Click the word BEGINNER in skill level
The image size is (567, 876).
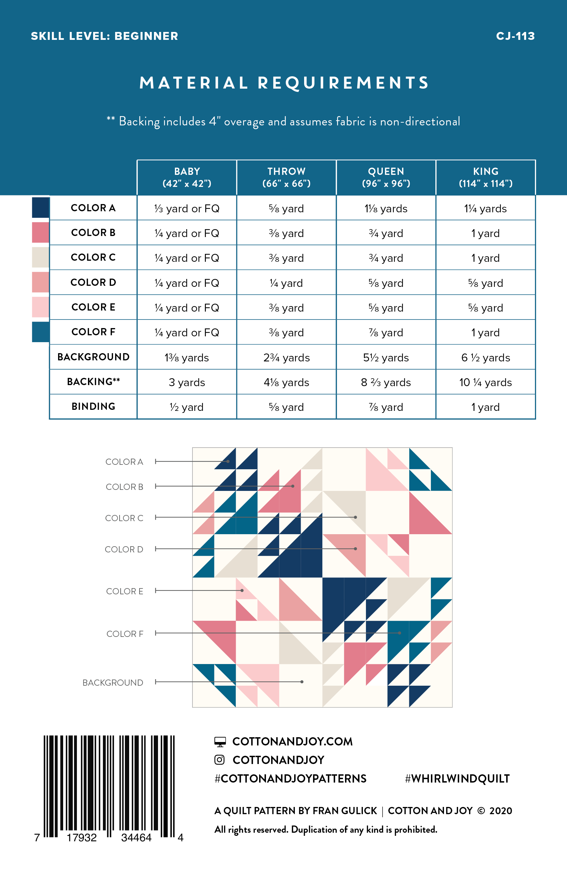point(146,36)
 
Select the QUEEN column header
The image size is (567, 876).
point(386,177)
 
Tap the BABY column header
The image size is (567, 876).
point(187,177)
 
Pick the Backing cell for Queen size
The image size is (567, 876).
point(386,382)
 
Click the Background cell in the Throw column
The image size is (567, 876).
point(287,358)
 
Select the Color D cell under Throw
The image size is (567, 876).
point(287,283)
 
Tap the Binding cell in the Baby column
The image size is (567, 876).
point(187,407)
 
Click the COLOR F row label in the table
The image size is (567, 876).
point(93,332)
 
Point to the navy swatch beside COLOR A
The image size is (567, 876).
point(41,207)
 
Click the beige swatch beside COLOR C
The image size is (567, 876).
point(41,257)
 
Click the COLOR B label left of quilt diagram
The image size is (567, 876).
point(124,486)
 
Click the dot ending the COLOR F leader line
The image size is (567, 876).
point(399,633)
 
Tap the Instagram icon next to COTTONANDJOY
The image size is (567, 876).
point(220,760)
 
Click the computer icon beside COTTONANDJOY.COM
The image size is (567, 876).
point(220,742)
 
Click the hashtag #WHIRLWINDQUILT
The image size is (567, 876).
point(457,778)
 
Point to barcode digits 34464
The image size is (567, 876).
point(136,838)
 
